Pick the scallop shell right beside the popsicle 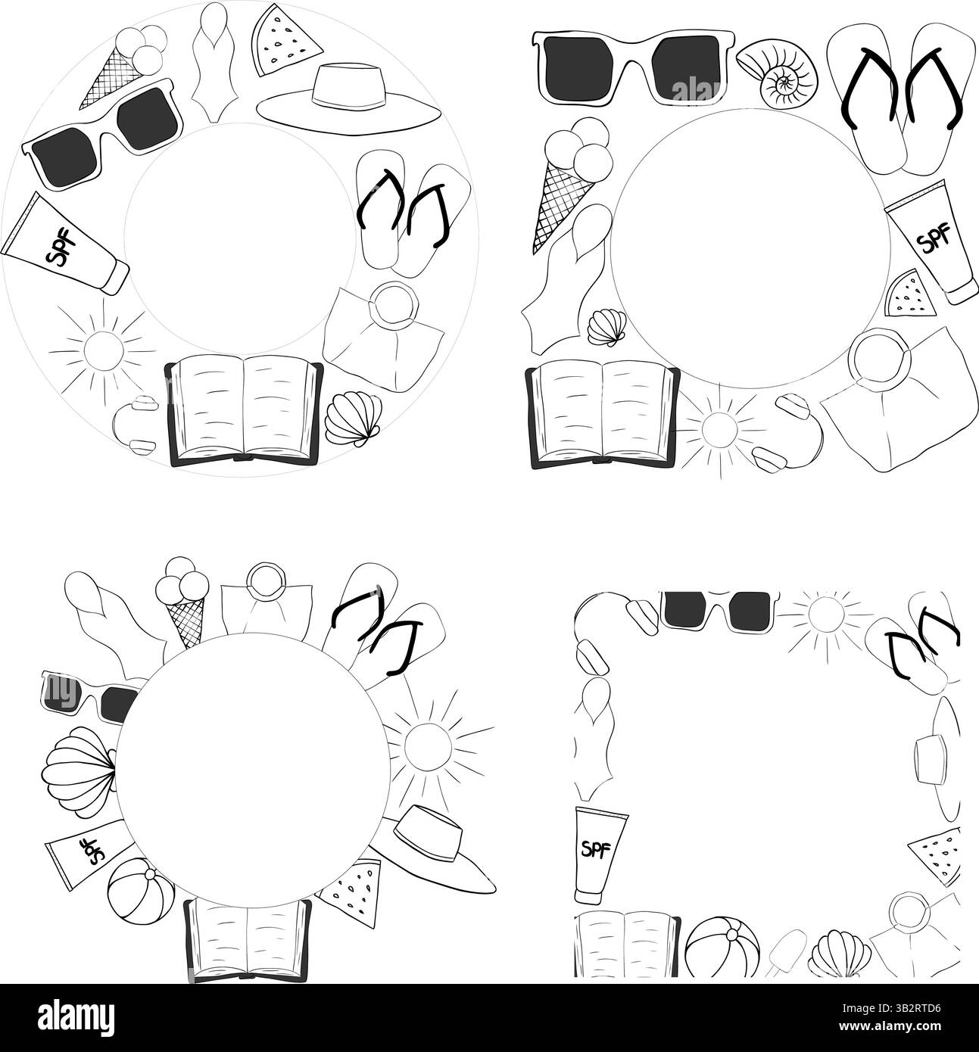(x=835, y=951)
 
